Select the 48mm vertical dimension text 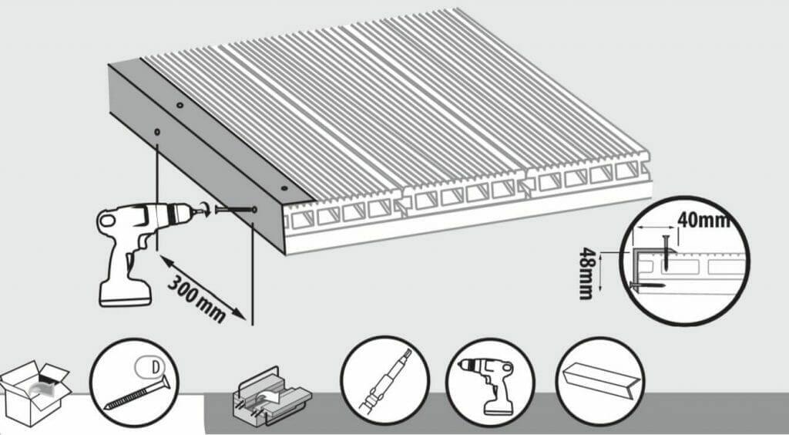tap(587, 273)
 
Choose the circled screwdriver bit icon tap(384, 379)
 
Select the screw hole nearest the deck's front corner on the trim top tap(284, 187)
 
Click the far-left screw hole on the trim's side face tap(156, 132)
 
